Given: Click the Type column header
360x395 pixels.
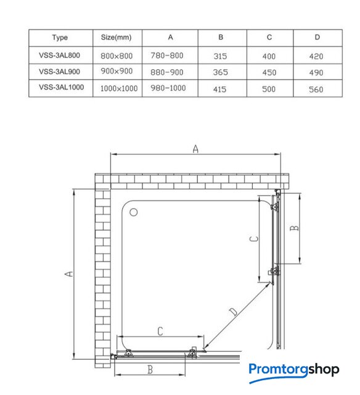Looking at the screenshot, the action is click(60, 38).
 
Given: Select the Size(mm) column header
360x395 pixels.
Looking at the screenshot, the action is click(117, 37).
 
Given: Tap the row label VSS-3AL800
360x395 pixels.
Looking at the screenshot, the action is click(59, 55).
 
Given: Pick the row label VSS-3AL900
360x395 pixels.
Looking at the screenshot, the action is click(59, 72).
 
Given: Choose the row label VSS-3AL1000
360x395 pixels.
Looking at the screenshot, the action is click(62, 87).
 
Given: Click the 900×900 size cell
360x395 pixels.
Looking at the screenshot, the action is click(117, 72).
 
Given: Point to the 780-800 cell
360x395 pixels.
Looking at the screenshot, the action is click(167, 56).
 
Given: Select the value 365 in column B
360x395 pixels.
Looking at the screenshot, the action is click(221, 72).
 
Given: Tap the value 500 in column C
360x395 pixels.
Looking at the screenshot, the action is click(269, 89).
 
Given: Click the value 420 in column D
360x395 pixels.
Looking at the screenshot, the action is click(316, 56).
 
